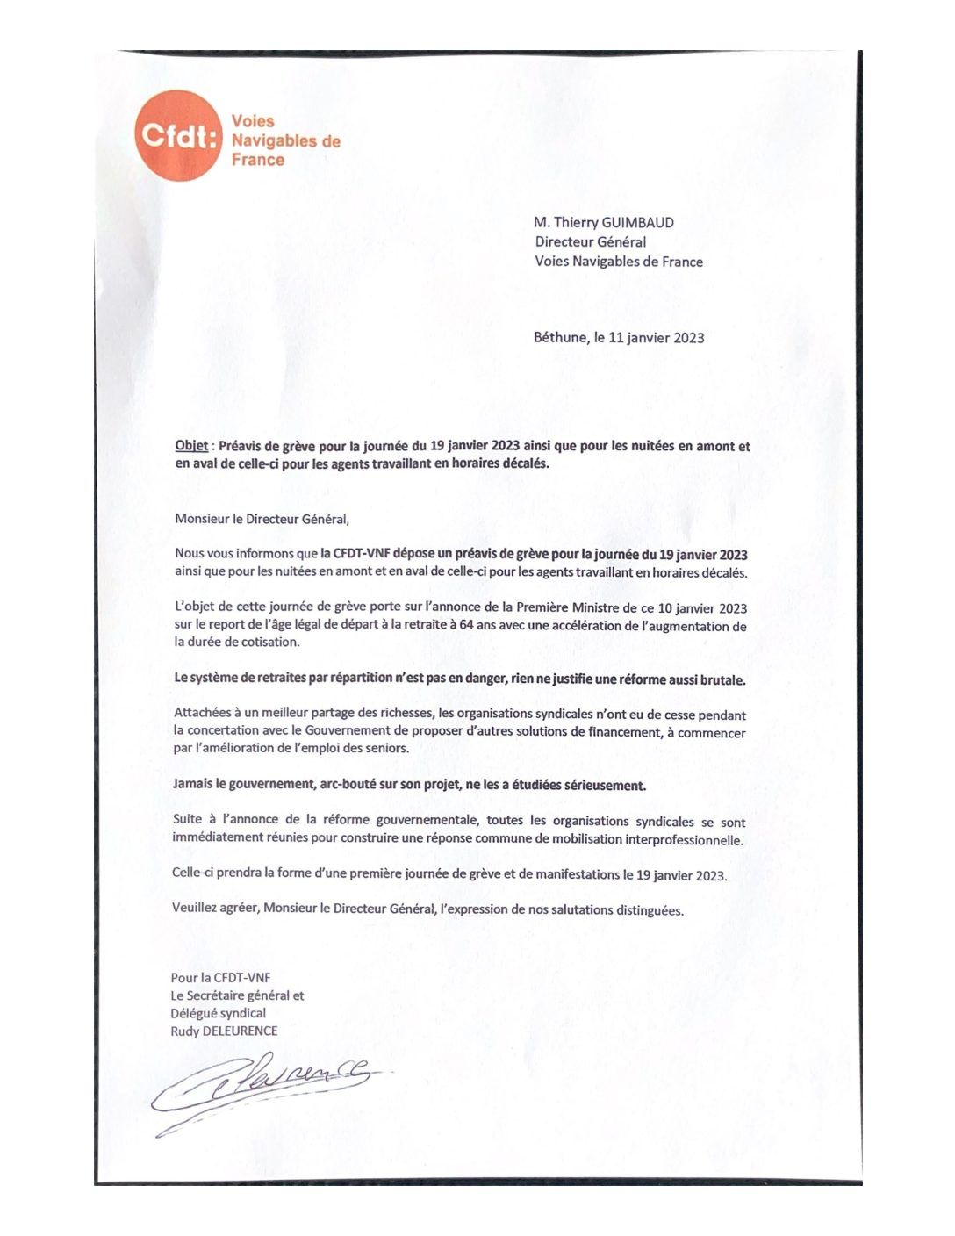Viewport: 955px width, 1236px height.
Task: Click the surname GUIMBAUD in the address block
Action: pos(638,223)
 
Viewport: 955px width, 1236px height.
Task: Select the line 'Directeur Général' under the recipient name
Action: pos(591,242)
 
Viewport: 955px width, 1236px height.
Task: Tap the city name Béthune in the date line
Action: pos(560,338)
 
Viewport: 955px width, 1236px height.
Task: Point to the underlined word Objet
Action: pos(191,446)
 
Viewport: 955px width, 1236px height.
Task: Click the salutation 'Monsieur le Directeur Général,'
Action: pos(262,519)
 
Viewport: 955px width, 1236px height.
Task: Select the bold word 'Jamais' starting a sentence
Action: pos(195,785)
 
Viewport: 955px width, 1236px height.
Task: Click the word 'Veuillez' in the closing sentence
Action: pos(195,908)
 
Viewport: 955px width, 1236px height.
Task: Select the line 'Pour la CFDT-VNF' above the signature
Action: pos(220,977)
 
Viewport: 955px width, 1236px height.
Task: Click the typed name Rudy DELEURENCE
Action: pos(224,1031)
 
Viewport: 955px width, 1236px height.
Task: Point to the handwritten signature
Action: pos(263,1089)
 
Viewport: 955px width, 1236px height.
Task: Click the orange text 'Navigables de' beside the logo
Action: pos(285,140)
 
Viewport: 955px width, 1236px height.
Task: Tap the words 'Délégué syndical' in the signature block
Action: pos(218,1013)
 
